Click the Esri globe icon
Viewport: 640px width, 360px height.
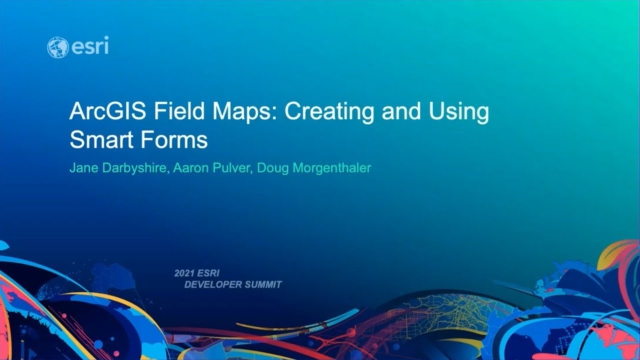(x=57, y=47)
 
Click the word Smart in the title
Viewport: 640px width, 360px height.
(x=99, y=140)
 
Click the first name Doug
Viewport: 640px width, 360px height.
(x=273, y=168)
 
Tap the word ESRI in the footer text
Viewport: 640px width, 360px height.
(x=209, y=273)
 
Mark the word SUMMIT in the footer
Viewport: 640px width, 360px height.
(x=263, y=285)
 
